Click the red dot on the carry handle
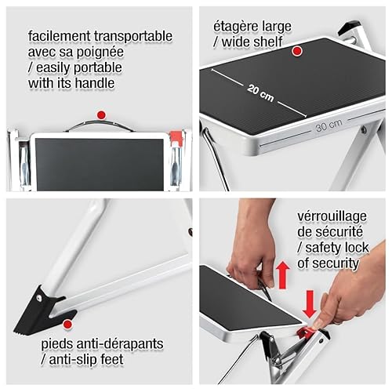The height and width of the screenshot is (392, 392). tap(100, 114)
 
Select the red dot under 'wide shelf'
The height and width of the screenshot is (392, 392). tap(298, 52)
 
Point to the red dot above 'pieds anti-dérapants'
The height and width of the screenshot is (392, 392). tap(68, 322)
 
